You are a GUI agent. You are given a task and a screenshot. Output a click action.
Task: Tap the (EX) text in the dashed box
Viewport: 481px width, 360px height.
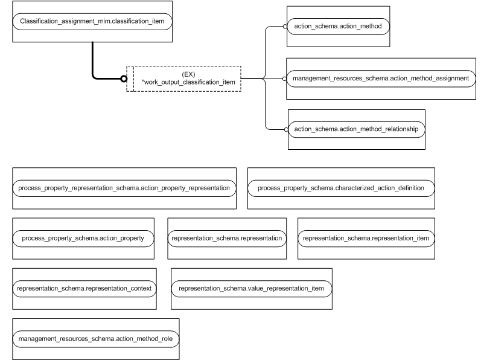[188, 73]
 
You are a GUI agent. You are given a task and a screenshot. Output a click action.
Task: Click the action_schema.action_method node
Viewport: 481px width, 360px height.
[338, 27]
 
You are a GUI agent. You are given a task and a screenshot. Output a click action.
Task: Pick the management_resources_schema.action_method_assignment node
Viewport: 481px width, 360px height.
[380, 79]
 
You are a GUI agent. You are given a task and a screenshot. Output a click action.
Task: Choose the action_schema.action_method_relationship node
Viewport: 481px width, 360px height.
[356, 129]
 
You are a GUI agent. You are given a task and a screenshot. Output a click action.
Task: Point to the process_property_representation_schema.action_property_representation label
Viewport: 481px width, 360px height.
[124, 188]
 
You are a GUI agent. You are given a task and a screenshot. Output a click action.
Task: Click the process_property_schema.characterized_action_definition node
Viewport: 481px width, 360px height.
[340, 188]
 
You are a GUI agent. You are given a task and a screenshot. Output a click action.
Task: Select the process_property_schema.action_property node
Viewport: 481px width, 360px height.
[83, 239]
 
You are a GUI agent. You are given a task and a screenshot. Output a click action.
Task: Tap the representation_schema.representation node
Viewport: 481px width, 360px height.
[227, 239]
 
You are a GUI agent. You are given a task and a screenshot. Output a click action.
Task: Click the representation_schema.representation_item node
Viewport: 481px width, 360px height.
[366, 239]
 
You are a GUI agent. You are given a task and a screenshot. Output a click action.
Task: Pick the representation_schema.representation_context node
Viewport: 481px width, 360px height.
[84, 289]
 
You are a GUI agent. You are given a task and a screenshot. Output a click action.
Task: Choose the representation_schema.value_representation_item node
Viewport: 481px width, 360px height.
[251, 289]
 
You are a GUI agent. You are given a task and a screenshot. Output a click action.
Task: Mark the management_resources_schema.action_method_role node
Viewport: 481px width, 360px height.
[95, 339]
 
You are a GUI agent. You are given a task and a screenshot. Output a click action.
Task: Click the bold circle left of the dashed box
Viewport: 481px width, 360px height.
[123, 79]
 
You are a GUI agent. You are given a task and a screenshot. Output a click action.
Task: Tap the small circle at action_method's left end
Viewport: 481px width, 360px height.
[285, 27]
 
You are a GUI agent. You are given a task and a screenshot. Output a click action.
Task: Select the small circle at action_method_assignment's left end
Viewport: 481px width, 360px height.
[285, 79]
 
